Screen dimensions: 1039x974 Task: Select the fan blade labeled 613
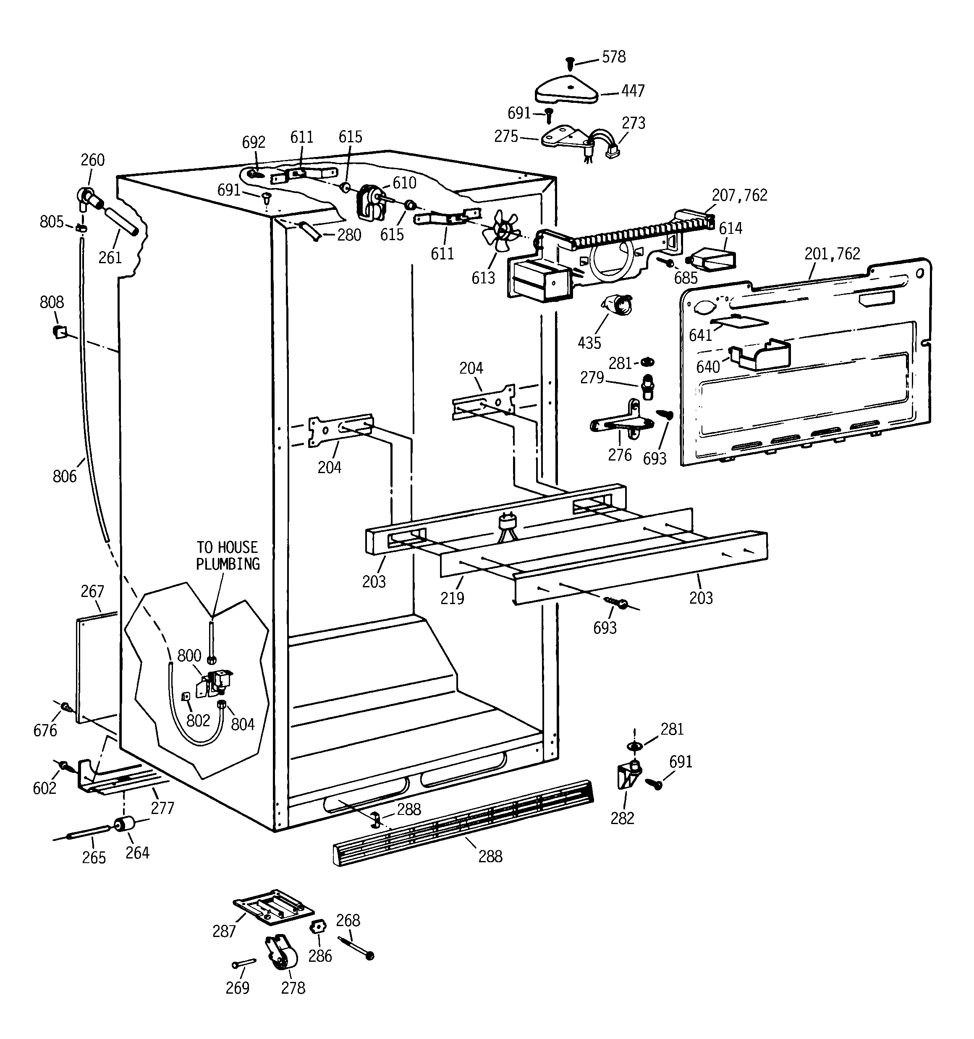click(x=501, y=231)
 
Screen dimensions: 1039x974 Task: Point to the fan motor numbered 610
click(x=369, y=201)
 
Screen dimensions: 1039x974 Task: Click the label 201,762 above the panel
click(x=832, y=254)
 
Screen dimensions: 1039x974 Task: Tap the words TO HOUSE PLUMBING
click(x=228, y=555)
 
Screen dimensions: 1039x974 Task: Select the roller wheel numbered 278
click(x=282, y=954)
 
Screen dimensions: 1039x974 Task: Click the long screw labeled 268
click(x=356, y=947)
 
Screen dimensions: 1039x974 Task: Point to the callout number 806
click(x=64, y=476)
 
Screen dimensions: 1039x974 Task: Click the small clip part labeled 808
click(x=60, y=331)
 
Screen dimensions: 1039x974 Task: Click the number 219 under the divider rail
click(x=452, y=598)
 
